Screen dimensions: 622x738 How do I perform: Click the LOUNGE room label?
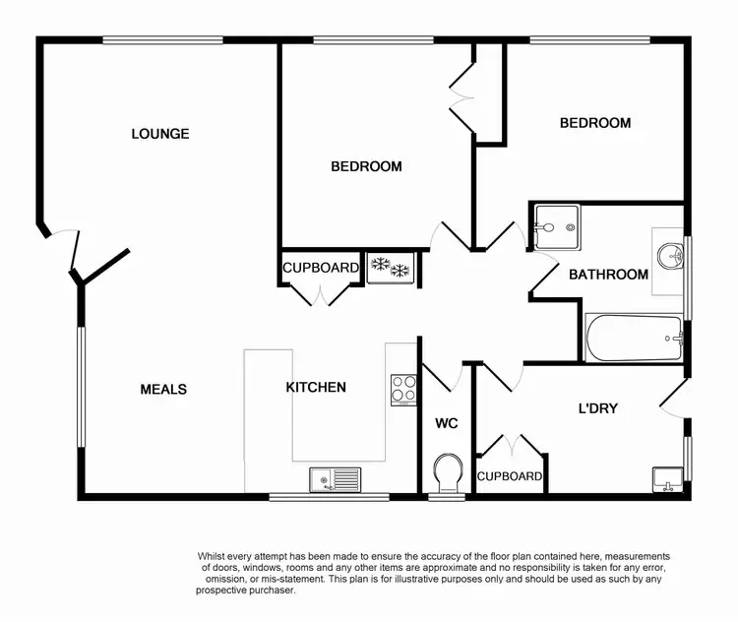coord(160,134)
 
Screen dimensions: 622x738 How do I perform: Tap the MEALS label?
coord(163,389)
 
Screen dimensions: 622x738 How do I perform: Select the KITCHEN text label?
coord(316,387)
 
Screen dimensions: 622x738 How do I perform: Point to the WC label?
coord(448,423)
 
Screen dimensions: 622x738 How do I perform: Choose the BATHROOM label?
coord(608,275)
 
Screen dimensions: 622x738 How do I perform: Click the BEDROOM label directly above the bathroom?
coord(594,123)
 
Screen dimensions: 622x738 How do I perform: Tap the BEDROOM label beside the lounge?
coord(366,166)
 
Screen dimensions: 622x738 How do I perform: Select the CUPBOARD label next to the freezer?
coord(321,268)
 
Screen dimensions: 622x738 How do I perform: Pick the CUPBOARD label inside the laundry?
coord(510,476)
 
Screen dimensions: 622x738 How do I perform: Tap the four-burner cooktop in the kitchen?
coord(403,389)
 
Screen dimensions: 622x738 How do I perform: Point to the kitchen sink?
coord(335,479)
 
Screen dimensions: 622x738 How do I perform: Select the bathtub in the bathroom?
coord(633,338)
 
